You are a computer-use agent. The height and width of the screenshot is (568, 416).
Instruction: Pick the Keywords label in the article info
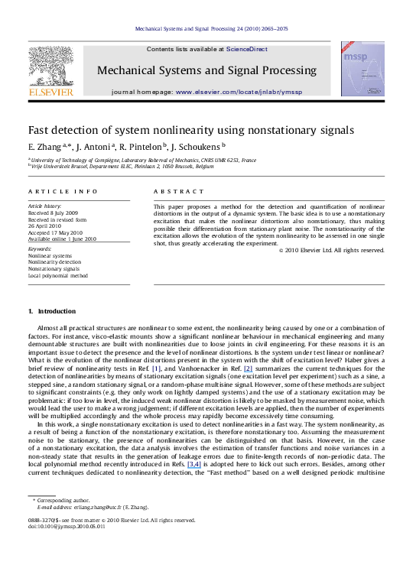pos(40,249)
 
